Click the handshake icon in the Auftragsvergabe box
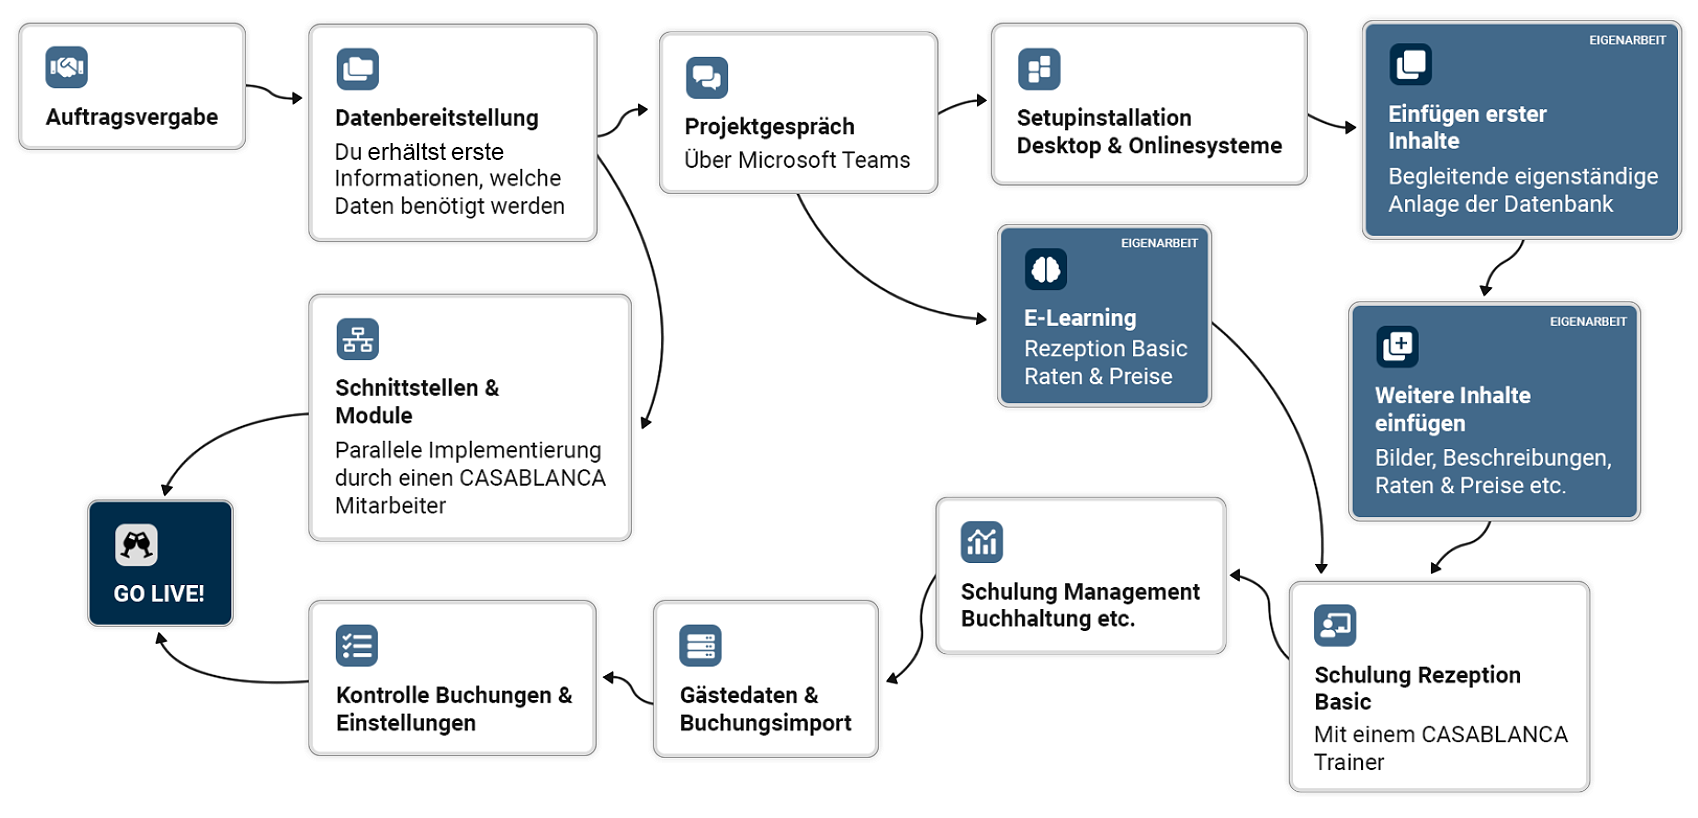coord(67,68)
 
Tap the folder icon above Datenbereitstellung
coord(358,69)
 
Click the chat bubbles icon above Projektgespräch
coord(707,77)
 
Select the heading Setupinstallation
coord(1103,118)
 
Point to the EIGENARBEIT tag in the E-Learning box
coord(1158,243)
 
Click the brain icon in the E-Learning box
coord(1046,269)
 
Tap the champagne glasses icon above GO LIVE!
coord(137,545)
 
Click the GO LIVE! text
coord(159,594)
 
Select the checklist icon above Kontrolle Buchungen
coord(357,645)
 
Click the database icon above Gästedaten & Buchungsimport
coord(700,645)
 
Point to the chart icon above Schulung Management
coord(982,542)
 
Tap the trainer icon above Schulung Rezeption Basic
coord(1335,625)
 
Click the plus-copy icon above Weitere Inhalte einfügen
coord(1397,347)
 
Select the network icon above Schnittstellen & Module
coord(358,339)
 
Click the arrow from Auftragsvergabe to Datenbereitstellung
coord(274,94)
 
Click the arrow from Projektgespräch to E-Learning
coord(871,284)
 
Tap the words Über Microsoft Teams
coord(797,160)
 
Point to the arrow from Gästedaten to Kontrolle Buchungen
coord(627,685)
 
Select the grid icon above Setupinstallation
coord(1039,69)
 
